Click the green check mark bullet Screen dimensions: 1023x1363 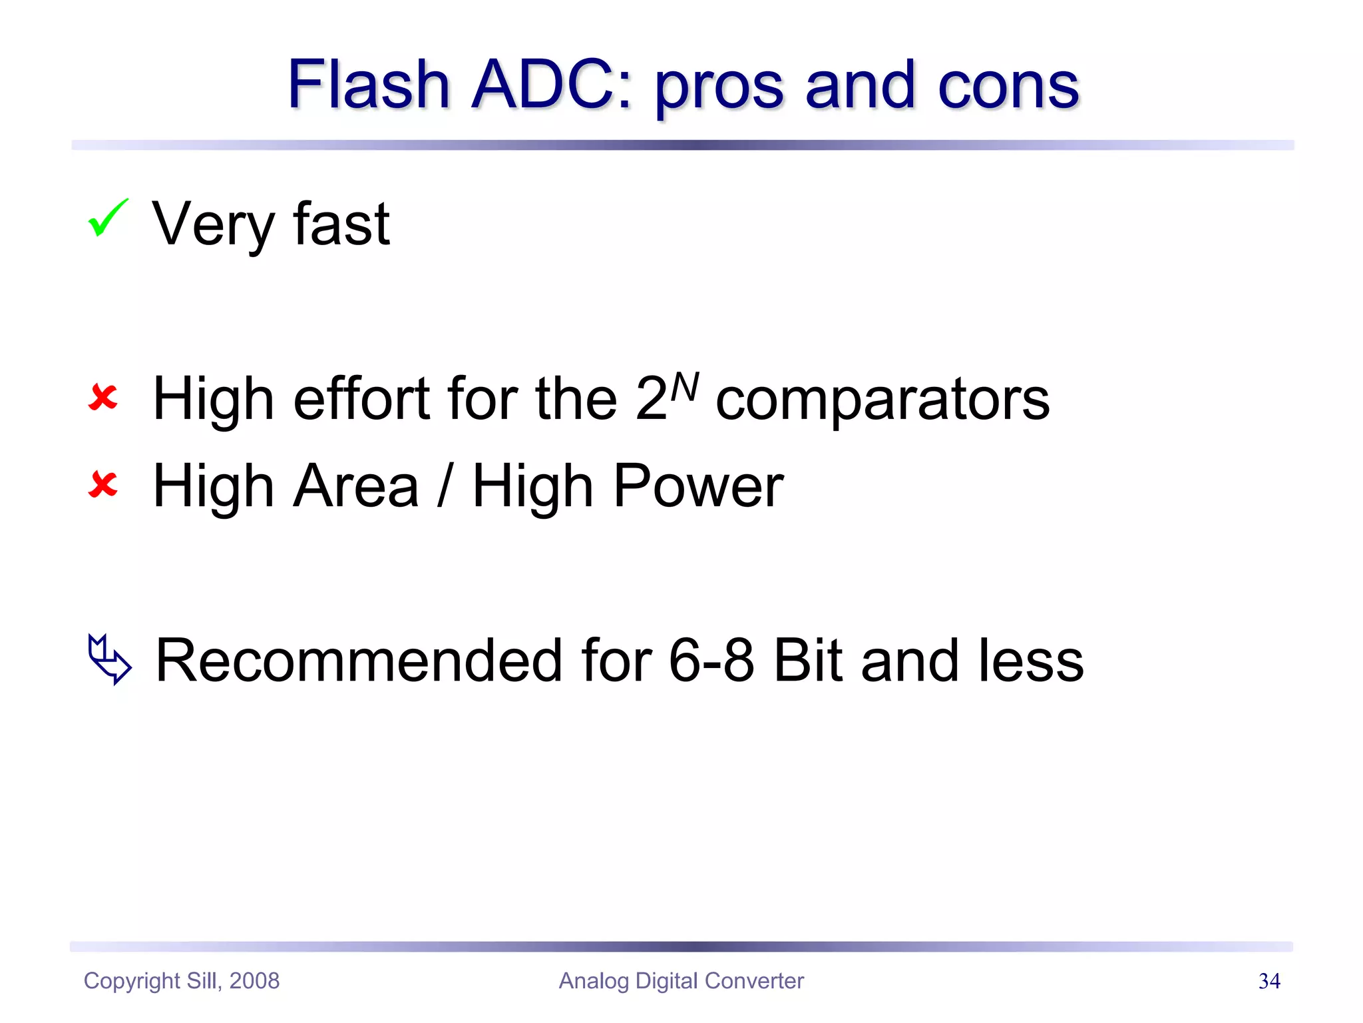[107, 218]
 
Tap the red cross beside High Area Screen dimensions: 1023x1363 [103, 484]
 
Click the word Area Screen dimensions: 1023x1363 [355, 486]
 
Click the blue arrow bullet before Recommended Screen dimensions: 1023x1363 [109, 659]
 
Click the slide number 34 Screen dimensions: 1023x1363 [1269, 981]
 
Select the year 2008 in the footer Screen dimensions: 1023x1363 [254, 981]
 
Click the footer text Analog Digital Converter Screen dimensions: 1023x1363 [681, 981]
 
